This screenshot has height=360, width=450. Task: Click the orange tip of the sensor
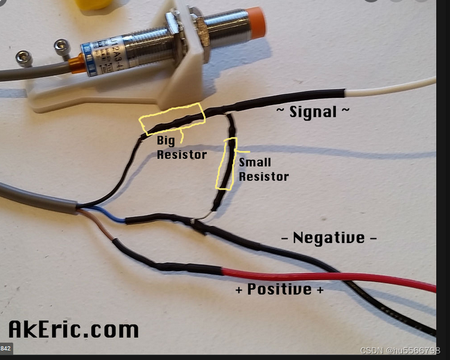(257, 23)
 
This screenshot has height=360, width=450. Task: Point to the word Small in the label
(255, 162)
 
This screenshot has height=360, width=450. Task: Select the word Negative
(329, 238)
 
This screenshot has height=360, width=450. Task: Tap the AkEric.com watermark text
(74, 329)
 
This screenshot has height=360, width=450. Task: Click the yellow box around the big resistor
(172, 119)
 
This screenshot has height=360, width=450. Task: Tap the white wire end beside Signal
(388, 87)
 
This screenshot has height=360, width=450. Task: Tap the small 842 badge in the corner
(5, 348)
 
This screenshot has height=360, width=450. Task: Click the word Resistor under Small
(264, 177)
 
